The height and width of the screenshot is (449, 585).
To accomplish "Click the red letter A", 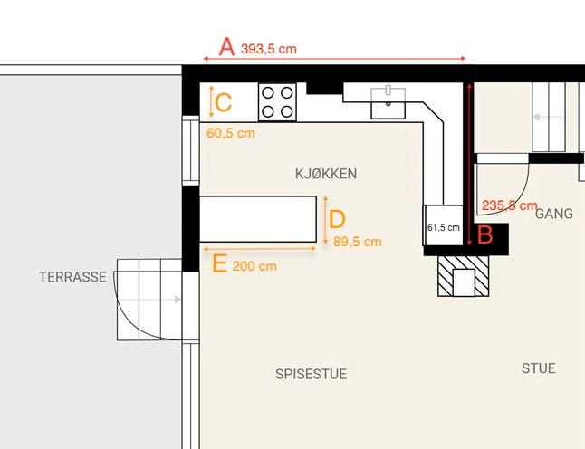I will coord(226,46).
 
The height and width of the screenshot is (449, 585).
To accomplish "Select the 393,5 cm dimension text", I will coord(269,49).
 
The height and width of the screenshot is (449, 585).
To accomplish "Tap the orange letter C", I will coord(224,101).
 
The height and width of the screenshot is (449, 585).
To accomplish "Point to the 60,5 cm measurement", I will coord(231,132).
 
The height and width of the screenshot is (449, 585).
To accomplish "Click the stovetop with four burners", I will coord(278,101).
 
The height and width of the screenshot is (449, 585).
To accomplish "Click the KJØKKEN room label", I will coord(326,173).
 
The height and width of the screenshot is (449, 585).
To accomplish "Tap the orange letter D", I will coord(337,219).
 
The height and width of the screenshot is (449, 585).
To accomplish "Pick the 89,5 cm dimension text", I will coord(358,242).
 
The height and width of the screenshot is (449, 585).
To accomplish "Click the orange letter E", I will coord(218,263).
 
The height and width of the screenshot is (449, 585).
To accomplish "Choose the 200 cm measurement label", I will coord(254,266).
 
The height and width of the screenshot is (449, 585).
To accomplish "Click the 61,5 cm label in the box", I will coord(444,227).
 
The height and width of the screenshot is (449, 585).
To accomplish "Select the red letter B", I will coord(484,235).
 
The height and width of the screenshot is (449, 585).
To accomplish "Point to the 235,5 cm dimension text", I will coord(510,205).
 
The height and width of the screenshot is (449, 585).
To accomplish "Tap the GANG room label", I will coord(553,215).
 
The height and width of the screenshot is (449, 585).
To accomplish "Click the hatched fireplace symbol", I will coord(463,276).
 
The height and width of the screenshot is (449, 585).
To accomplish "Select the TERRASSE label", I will coord(73,277).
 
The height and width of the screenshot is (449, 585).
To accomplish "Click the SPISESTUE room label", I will coord(311,374).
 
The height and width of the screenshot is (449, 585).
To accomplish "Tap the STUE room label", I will coord(538,368).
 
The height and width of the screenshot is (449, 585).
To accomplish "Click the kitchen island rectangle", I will coord(257,218).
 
